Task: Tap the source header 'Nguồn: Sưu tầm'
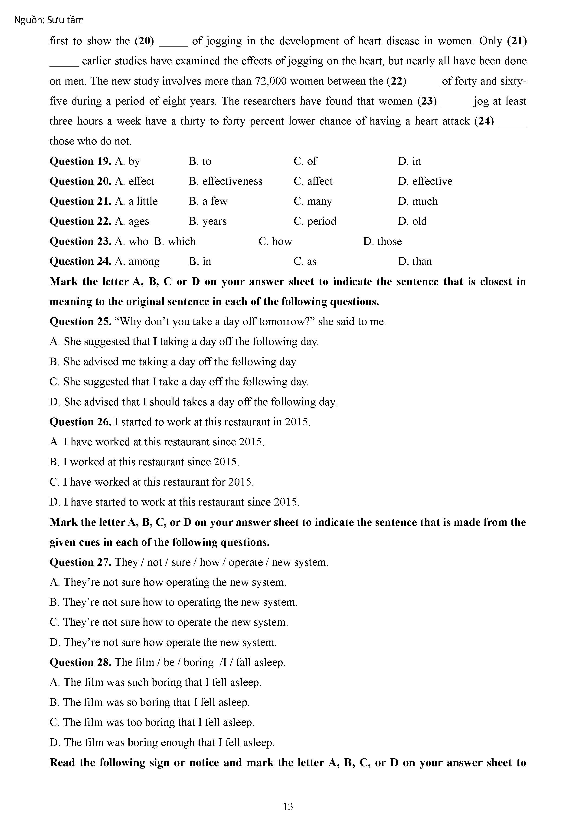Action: click(x=49, y=20)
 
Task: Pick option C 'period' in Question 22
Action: click(x=315, y=221)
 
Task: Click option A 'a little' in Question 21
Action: click(x=137, y=201)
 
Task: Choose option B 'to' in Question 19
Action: click(x=200, y=161)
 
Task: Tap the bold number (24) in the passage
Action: click(x=484, y=122)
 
